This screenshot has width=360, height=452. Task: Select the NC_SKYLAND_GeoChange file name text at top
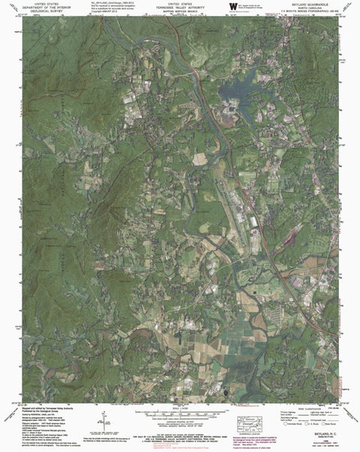point(109,3)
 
